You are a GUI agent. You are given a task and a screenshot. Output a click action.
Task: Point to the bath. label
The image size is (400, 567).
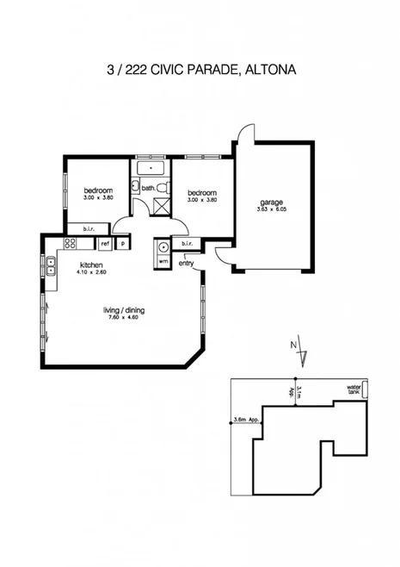point(148,188)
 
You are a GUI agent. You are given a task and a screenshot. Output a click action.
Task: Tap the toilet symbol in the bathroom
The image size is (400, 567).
point(137,187)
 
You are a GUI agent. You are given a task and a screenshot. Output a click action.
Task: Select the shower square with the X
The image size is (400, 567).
point(160,205)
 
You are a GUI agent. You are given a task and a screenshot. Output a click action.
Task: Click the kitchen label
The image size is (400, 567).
point(91,265)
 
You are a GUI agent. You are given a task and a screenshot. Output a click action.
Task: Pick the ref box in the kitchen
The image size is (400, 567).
point(105,244)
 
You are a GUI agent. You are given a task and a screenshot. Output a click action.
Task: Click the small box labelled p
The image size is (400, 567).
point(123,244)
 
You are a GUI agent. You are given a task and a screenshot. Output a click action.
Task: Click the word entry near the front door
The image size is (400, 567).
point(187,263)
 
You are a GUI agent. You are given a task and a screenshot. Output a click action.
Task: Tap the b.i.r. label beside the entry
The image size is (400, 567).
point(189,245)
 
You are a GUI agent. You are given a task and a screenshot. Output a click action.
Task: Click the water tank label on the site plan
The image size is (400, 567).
point(353,389)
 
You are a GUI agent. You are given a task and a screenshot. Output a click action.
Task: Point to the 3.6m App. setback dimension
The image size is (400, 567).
point(246,421)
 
